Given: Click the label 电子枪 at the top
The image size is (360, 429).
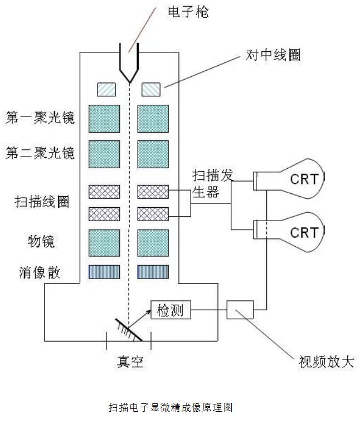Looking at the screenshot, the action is coord(188,12).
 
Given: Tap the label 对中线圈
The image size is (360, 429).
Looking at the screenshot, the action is coord(273,55).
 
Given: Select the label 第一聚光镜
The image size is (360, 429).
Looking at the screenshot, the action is coord(40,118).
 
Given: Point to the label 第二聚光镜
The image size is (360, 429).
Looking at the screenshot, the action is coord(40,153).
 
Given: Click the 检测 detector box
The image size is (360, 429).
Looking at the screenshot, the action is coord(171,310).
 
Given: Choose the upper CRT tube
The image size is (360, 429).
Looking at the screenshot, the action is coord(289,179).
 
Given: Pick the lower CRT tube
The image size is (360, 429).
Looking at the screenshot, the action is coord(289,232).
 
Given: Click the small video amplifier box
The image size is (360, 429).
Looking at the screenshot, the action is coord(240,310).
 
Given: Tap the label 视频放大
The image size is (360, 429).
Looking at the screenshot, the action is coord(327,362).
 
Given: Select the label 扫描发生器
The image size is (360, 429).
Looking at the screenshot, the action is coord(212,183).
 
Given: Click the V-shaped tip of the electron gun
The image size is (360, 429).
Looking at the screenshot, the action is coord(130,81).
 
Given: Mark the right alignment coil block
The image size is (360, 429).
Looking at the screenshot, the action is coord(151,90).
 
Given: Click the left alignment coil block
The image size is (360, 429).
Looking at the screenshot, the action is coord(106,90).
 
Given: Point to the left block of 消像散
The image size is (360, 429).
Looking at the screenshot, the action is coord(104,272).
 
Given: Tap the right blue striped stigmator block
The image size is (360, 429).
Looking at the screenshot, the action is coord(153,272).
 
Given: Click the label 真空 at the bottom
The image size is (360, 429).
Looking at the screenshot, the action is coord(130,362).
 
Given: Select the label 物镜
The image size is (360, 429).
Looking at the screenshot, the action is coord(41,241).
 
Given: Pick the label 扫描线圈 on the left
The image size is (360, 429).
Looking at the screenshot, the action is coord(42,202).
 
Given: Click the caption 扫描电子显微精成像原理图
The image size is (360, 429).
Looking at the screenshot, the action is coord(171,407).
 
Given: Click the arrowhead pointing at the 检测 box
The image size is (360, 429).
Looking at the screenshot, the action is coord(149,312).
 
